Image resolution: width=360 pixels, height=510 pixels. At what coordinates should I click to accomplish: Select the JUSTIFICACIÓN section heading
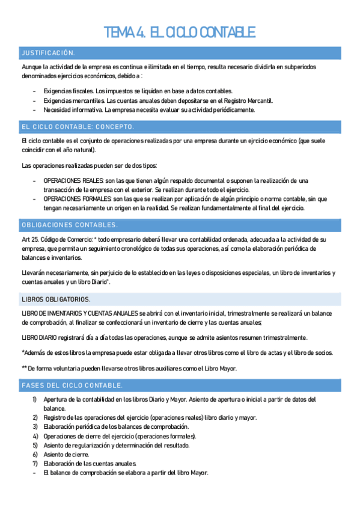tap(48, 53)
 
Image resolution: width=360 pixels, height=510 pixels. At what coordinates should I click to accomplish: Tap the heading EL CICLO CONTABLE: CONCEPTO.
tap(78, 127)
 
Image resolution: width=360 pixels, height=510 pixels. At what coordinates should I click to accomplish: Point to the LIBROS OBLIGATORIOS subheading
tap(56, 299)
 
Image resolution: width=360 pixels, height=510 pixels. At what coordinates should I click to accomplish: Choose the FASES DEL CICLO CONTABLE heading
tap(72, 385)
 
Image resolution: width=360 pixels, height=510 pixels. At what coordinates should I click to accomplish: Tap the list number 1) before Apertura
tap(35, 399)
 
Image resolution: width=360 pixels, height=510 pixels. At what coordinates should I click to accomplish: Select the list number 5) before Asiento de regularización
tap(35, 445)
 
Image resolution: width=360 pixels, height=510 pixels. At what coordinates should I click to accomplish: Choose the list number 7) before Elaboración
tap(35, 463)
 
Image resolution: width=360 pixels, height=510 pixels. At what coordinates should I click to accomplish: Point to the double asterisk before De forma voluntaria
tap(24, 369)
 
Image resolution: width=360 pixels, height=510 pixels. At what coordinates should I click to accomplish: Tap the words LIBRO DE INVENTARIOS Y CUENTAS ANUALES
tap(79, 313)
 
